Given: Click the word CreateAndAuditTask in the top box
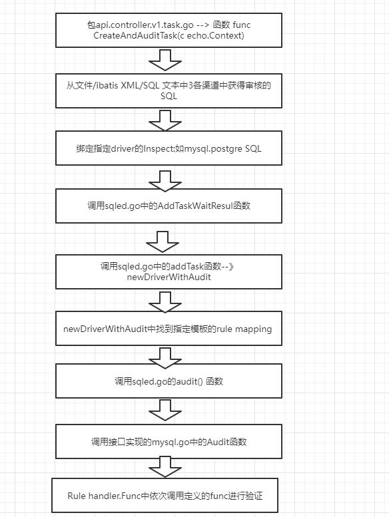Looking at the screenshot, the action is pyautogui.click(x=135, y=36).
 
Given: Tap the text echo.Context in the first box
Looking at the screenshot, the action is pyautogui.click(x=214, y=36).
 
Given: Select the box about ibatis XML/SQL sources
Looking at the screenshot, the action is pyautogui.click(x=169, y=90).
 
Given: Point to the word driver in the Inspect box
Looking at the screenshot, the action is pyautogui.click(x=123, y=148).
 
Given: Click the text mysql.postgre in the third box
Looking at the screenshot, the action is pyautogui.click(x=213, y=149).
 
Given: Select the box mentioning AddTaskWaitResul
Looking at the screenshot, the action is pyautogui.click(x=169, y=206).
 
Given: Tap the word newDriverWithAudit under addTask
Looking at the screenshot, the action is pyautogui.click(x=169, y=277).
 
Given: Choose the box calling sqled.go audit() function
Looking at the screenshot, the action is pyautogui.click(x=169, y=381).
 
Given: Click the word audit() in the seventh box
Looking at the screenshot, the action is pyautogui.click(x=189, y=381).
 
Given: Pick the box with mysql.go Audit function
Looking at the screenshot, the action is pyautogui.click(x=169, y=442).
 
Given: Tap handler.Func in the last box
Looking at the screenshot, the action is pyautogui.click(x=115, y=496).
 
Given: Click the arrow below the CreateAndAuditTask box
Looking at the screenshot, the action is pyautogui.click(x=165, y=60).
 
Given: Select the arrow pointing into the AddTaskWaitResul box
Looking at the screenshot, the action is pyautogui.click(x=165, y=181).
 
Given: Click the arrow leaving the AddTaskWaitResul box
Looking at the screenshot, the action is pyautogui.click(x=163, y=242).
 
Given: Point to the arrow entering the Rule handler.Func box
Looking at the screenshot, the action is pyautogui.click(x=165, y=467).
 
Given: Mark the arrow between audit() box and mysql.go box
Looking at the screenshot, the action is pyautogui.click(x=165, y=410).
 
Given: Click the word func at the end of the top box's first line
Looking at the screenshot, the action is pyautogui.click(x=242, y=25).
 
